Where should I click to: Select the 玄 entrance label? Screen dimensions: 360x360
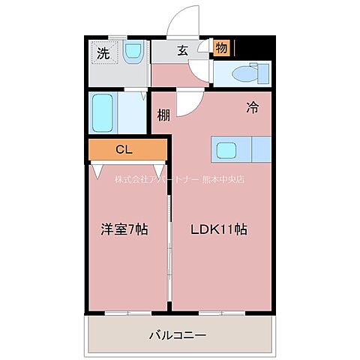pos(182,51)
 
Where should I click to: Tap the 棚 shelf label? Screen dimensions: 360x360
pos(163,115)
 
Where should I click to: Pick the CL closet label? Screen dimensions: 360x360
pos(124,150)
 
